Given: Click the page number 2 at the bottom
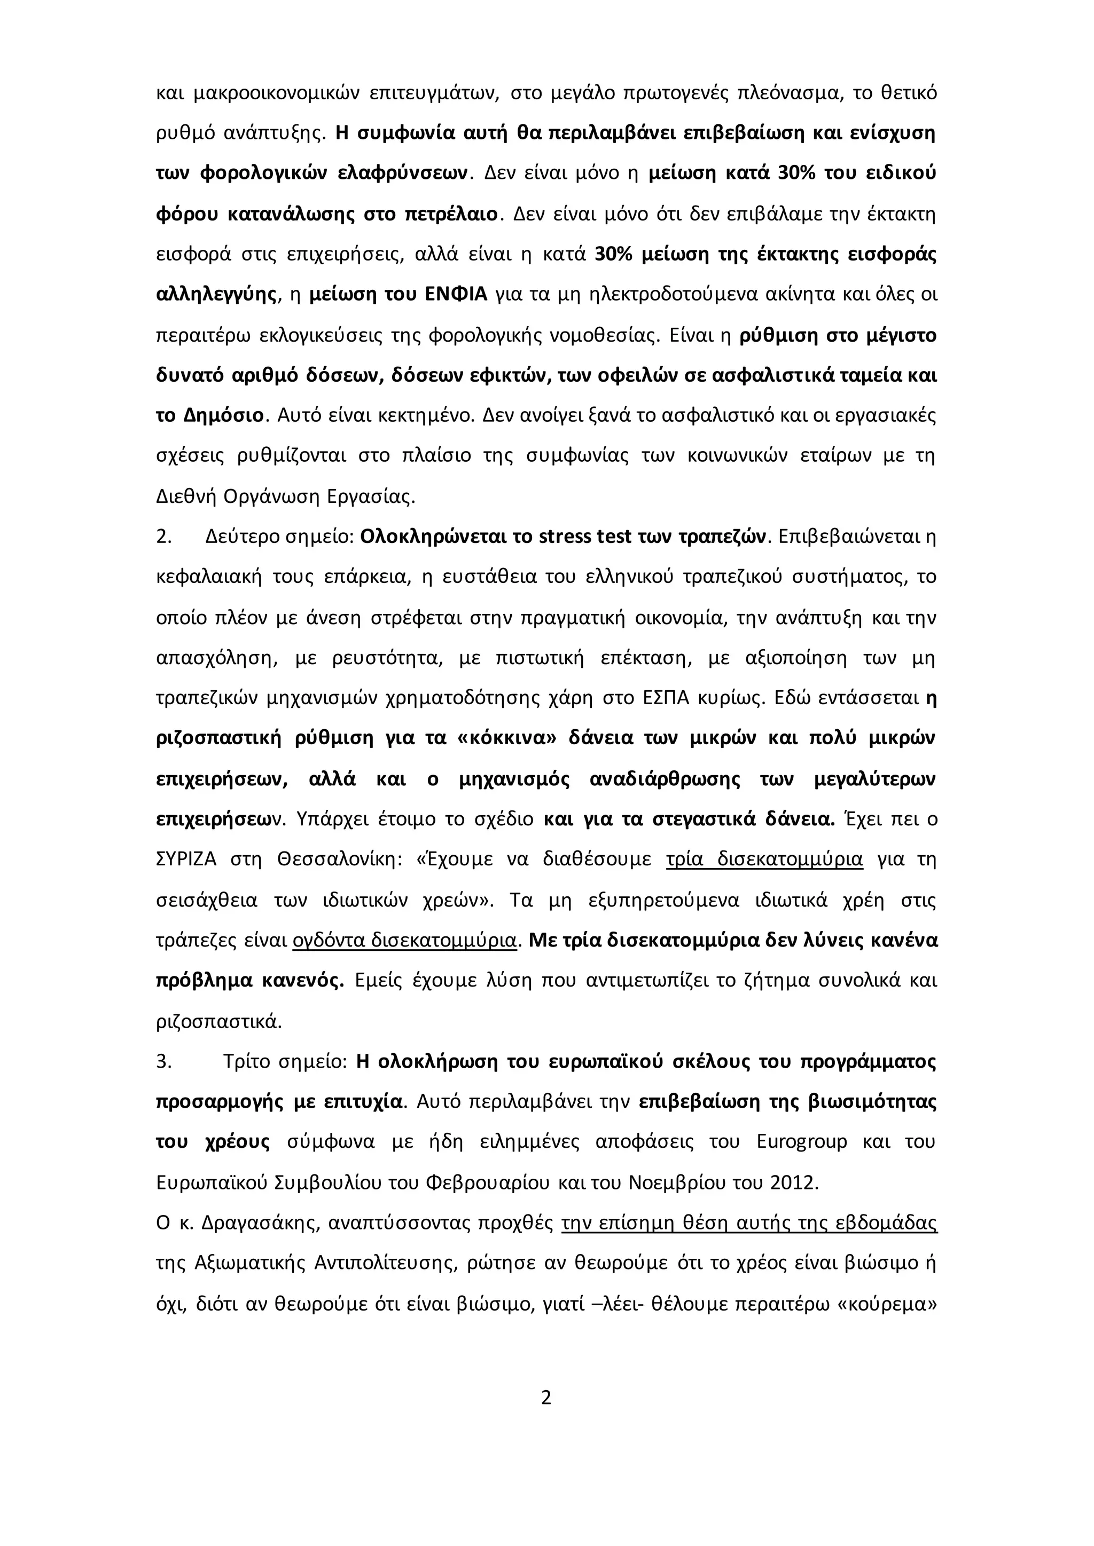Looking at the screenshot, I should (x=546, y=1398).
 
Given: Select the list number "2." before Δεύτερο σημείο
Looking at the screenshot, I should (x=163, y=537).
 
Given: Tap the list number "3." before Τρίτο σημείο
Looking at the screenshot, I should (x=163, y=1062).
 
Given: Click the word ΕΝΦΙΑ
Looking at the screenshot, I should (x=456, y=294).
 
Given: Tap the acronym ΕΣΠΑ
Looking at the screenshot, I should (x=661, y=698).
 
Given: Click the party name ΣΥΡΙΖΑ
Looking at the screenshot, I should (x=186, y=860).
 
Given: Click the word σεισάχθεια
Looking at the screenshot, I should (x=206, y=900).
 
